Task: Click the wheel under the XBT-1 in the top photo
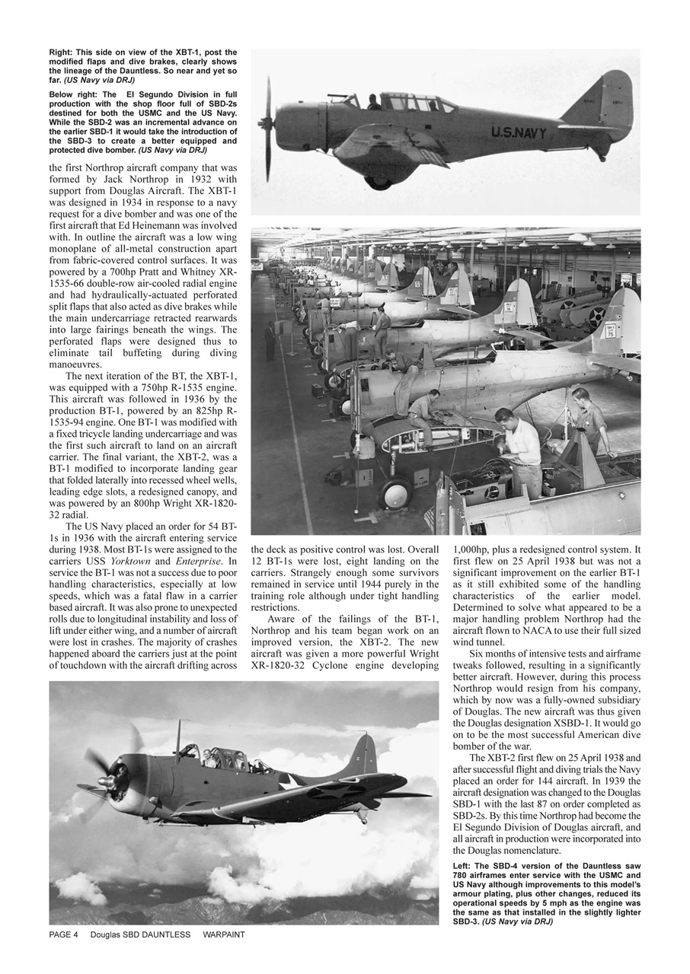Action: point(379,181)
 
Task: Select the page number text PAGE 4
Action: point(64,934)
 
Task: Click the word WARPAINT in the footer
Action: point(223,934)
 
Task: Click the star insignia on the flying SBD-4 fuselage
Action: point(289,781)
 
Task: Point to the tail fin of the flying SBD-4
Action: point(364,753)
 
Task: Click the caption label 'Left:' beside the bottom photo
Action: point(465,866)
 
